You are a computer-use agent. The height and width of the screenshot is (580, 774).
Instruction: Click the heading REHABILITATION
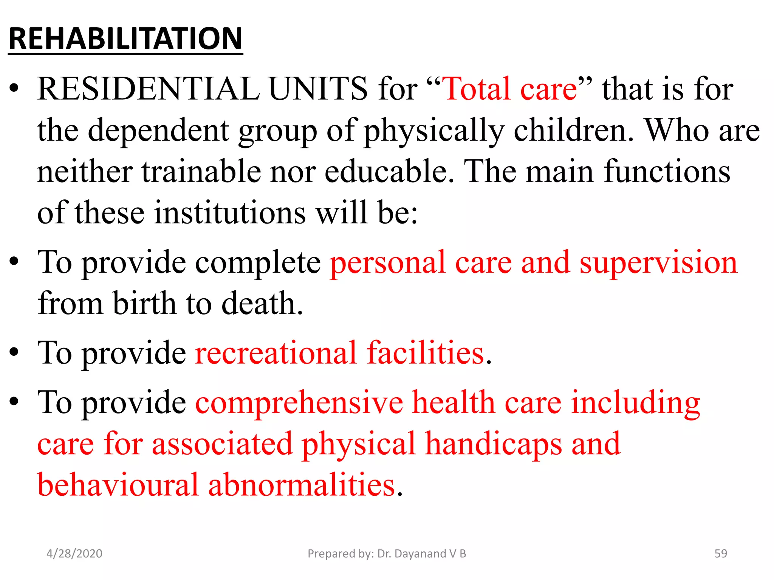[x=125, y=39]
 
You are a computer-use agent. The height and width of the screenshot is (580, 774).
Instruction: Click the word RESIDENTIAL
[x=148, y=89]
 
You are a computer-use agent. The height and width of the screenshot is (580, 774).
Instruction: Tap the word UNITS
[x=317, y=89]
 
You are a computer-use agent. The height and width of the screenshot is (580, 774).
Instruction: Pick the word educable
[x=389, y=172]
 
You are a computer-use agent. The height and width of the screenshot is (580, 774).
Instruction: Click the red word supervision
[x=658, y=263]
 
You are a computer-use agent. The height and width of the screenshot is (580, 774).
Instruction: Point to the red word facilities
[x=426, y=353]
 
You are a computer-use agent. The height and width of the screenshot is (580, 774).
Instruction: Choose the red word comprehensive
[x=299, y=403]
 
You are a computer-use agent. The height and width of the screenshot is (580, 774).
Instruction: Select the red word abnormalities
[x=302, y=485]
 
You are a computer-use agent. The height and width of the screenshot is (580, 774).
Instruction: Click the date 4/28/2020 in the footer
[x=74, y=554]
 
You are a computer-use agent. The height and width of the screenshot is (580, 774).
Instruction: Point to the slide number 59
[x=720, y=554]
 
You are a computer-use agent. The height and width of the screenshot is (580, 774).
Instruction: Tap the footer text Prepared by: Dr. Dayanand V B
[x=387, y=554]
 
